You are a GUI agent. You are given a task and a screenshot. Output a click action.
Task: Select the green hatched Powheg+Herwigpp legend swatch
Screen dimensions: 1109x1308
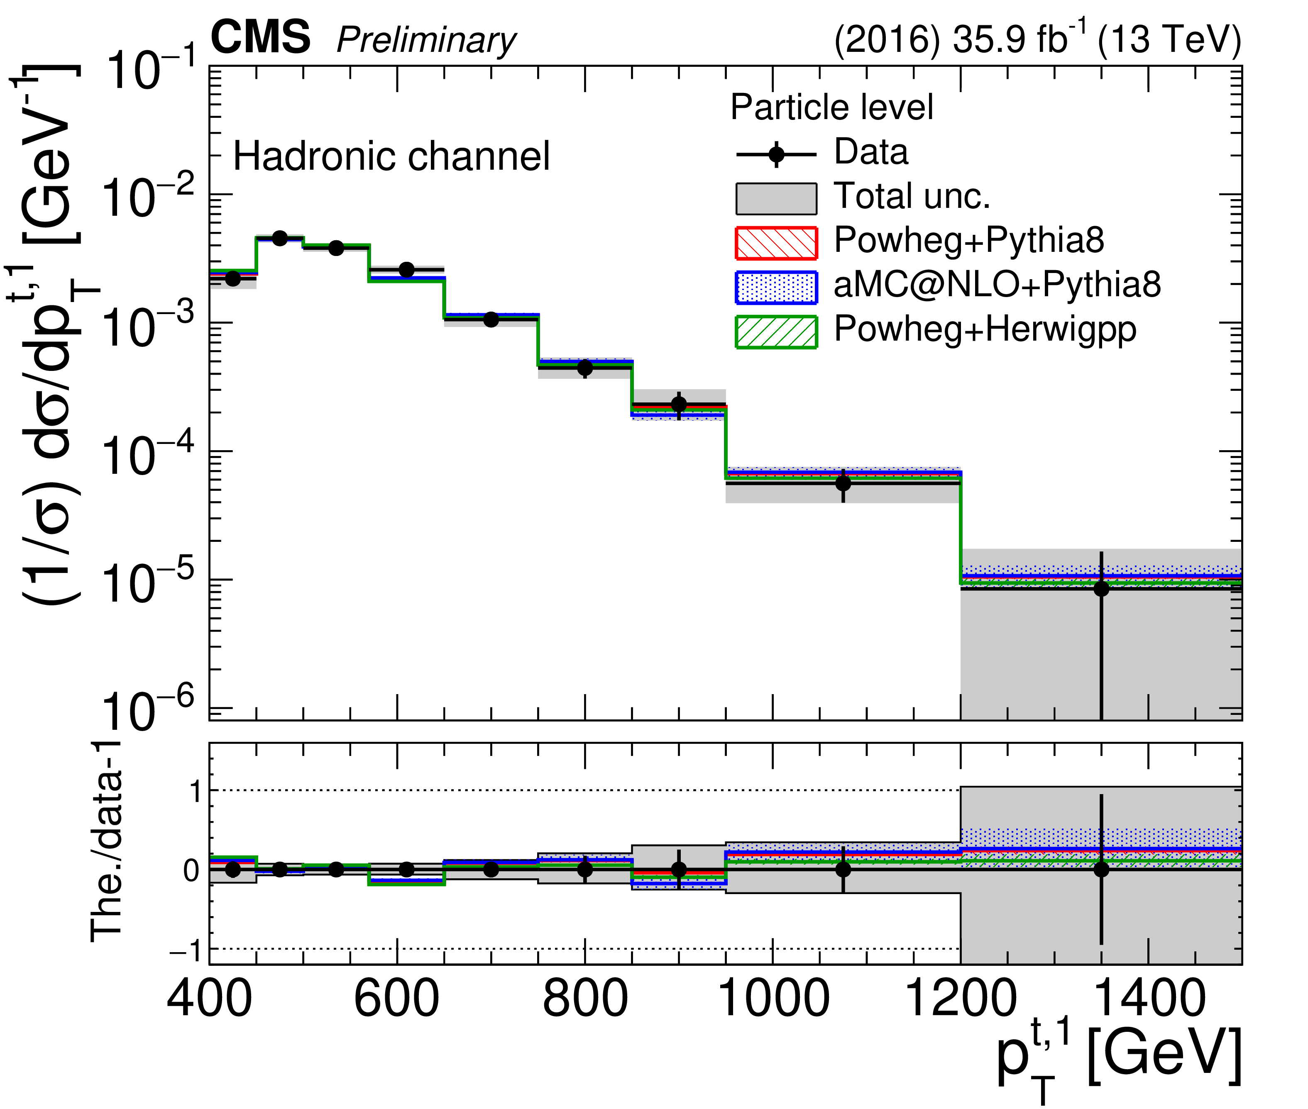[x=776, y=332]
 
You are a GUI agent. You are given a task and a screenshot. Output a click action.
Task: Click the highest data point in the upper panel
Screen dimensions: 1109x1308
[x=280, y=238]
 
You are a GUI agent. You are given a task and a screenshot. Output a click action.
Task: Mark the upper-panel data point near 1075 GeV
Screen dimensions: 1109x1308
[x=843, y=483]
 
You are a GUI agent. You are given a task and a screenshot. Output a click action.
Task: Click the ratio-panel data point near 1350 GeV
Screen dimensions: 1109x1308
[x=1101, y=870]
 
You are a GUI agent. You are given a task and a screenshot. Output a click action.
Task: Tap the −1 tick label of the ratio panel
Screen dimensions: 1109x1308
[x=186, y=951]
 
